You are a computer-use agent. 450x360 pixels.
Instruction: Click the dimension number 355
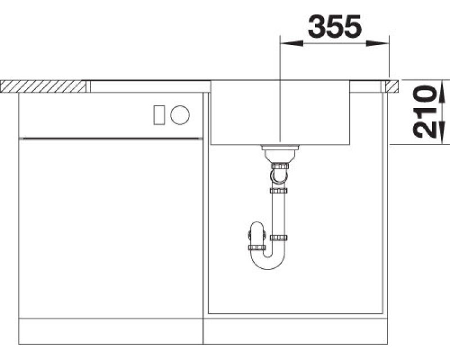coord(335,26)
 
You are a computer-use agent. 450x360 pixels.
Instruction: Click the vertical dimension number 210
coord(425,112)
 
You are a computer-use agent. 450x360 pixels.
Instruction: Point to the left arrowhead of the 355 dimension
coord(291,43)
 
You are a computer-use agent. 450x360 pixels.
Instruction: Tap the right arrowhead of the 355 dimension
coord(377,43)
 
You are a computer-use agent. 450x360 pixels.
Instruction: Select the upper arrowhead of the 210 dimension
coord(442,91)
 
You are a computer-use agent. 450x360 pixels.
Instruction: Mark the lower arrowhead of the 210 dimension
coord(442,132)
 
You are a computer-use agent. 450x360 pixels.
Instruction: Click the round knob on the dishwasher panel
coord(180,115)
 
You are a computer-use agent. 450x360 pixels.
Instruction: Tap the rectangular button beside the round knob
coord(159,115)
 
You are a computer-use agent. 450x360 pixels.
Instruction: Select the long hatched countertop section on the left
coord(43,87)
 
